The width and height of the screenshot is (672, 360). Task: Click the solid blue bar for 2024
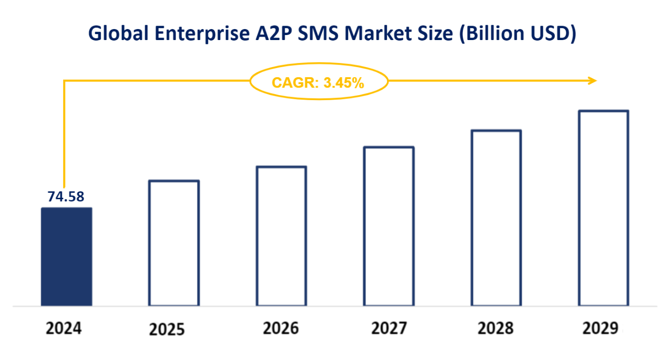(66, 256)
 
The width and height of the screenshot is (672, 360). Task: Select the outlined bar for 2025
(174, 243)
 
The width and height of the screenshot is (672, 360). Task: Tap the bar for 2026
(281, 236)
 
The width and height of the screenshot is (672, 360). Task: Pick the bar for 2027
(389, 226)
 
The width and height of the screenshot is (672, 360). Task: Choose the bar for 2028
(496, 218)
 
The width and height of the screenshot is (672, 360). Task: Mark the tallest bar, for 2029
(604, 208)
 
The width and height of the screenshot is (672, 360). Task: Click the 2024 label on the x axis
(64, 328)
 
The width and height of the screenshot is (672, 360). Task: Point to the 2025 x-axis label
(167, 329)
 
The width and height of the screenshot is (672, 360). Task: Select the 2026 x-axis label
(281, 328)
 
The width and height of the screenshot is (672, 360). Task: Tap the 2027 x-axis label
(389, 328)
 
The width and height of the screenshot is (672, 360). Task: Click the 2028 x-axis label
(496, 328)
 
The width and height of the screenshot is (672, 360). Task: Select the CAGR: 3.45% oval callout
(318, 82)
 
